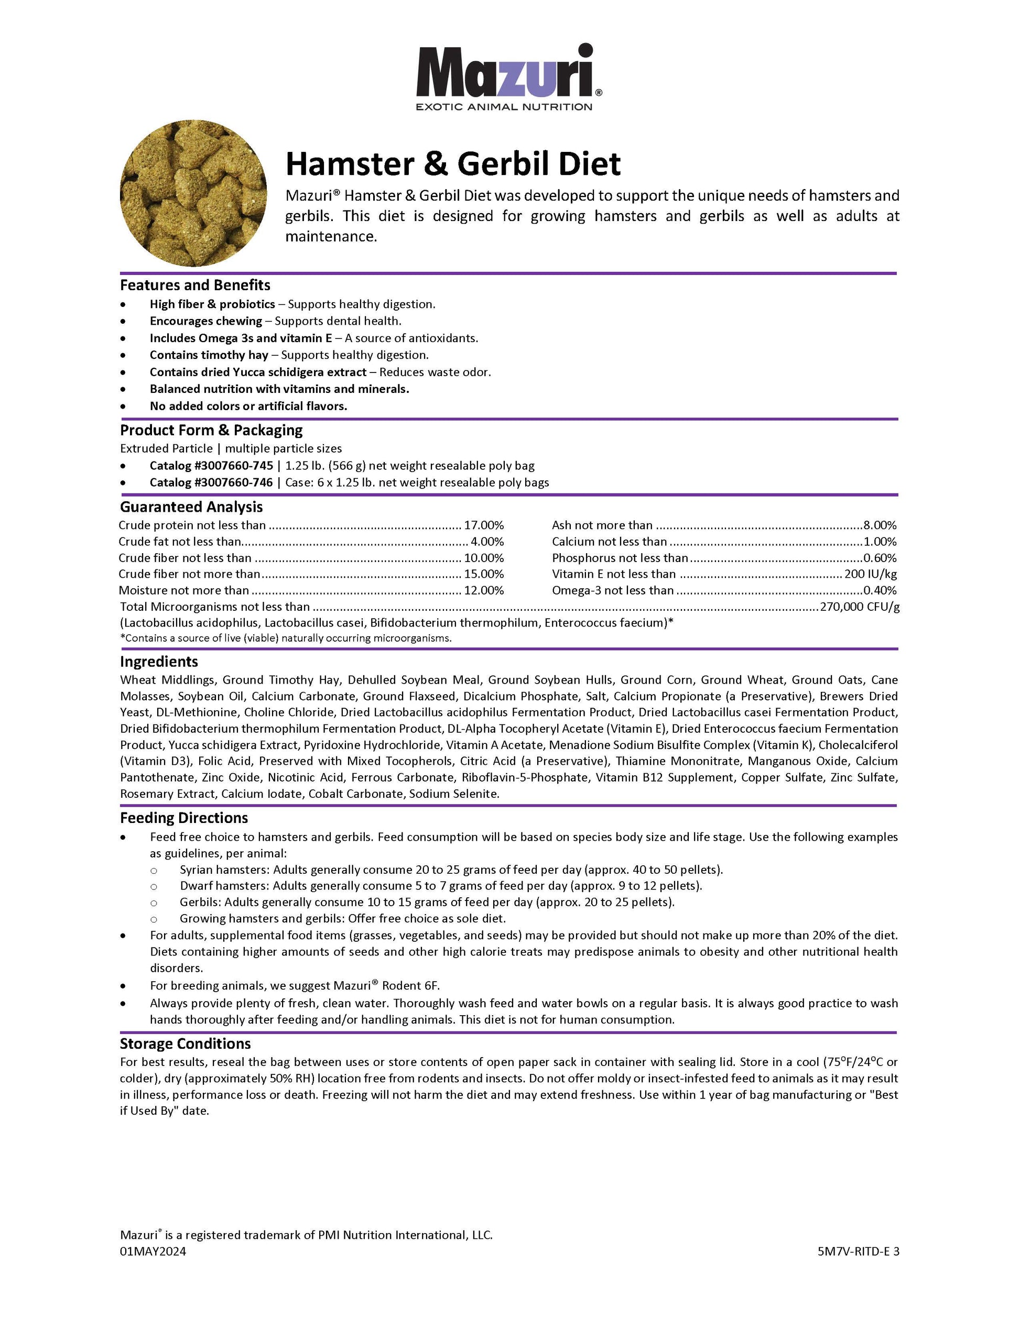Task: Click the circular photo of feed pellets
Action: point(193,193)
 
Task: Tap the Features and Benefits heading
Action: point(195,285)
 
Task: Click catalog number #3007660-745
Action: point(211,466)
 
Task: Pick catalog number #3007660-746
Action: point(211,482)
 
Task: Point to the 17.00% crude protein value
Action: point(483,525)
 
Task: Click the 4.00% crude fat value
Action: point(486,542)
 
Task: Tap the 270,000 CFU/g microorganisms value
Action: point(859,607)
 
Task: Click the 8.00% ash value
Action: point(880,525)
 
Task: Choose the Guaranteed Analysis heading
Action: point(191,507)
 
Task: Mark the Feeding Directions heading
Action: point(183,818)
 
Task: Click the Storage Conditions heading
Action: point(185,1043)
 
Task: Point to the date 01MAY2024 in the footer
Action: point(153,1251)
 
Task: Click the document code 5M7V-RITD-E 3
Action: point(858,1251)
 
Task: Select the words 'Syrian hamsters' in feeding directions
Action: point(224,870)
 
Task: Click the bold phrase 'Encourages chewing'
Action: point(206,321)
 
